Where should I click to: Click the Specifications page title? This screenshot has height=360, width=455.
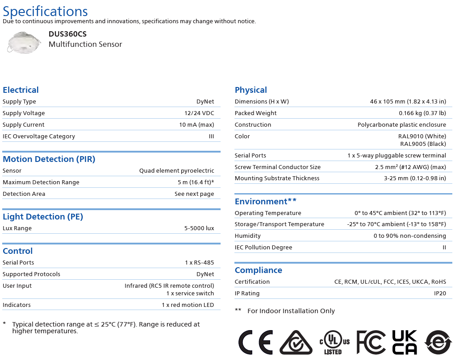[x=46, y=11]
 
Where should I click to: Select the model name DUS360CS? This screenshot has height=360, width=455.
[x=67, y=34]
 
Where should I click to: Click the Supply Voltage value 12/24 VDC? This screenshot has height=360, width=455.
[x=199, y=113]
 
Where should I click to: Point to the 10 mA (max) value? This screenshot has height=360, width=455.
[x=196, y=125]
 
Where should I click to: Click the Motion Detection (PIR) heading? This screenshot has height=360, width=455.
[x=49, y=159]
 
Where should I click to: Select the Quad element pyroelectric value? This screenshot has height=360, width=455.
[x=176, y=171]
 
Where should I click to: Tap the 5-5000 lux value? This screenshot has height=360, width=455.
[x=199, y=228]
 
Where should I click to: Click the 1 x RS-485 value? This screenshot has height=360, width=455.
[x=200, y=263]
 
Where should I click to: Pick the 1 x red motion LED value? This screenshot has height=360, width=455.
[x=188, y=305]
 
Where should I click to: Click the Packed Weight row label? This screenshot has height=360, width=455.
[x=255, y=113]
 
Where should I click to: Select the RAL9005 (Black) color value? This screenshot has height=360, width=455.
[x=423, y=144]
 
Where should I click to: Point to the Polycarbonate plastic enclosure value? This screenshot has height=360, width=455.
[x=401, y=125]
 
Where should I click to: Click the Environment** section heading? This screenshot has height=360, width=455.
[x=266, y=202]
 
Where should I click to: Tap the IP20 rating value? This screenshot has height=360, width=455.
[x=440, y=294]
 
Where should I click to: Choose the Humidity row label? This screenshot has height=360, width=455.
[x=248, y=236]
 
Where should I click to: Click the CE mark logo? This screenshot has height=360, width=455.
[x=255, y=343]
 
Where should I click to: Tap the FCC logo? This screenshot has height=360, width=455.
[x=371, y=343]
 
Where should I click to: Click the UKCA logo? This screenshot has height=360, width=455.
[x=405, y=343]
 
